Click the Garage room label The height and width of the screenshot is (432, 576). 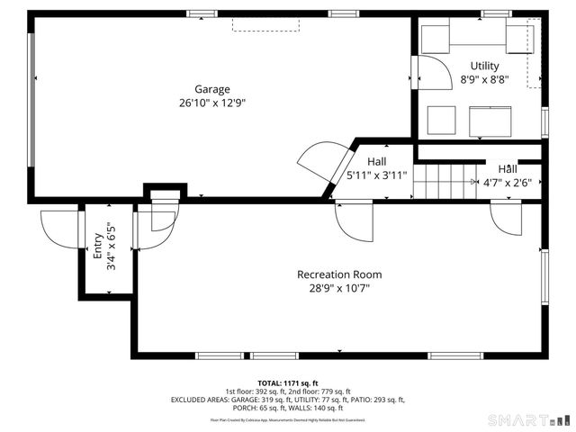point(212,89)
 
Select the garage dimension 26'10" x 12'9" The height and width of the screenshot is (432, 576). point(212,103)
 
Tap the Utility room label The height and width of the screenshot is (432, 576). point(485,66)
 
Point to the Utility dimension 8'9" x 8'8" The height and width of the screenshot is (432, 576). point(485,79)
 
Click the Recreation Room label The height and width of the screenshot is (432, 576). point(339,274)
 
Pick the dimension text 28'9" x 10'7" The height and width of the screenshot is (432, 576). point(339,288)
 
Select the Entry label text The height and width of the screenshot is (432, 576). point(98,247)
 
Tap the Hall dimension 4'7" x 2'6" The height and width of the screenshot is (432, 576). point(508,182)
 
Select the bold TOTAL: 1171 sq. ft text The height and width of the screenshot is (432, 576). point(288,383)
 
